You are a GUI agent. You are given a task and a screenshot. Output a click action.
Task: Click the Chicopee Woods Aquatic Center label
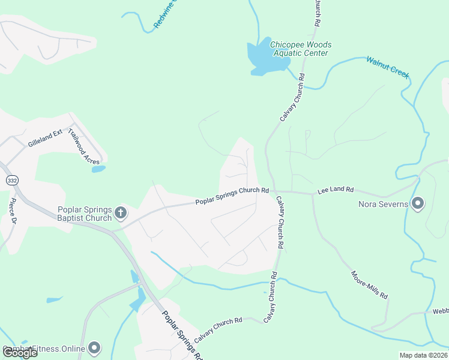click(300, 49)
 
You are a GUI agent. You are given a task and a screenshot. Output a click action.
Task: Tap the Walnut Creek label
click(388, 67)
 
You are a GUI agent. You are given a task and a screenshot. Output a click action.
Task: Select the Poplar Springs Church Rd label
click(232, 196)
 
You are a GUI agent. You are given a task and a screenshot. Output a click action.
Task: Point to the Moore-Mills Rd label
click(369, 285)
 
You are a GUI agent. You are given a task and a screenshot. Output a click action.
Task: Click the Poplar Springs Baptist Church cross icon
click(121, 212)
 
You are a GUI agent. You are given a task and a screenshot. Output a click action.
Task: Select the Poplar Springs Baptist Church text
click(85, 214)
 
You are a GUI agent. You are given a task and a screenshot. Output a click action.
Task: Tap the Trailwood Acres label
click(83, 147)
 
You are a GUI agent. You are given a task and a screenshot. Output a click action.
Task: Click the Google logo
click(20, 353)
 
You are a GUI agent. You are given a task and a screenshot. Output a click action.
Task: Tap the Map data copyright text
click(423, 355)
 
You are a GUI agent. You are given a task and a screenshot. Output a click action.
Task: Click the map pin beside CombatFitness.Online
click(94, 347)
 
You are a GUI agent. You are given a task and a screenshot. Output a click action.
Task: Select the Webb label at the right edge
click(440, 312)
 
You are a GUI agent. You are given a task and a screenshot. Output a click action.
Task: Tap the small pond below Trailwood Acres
click(98, 169)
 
